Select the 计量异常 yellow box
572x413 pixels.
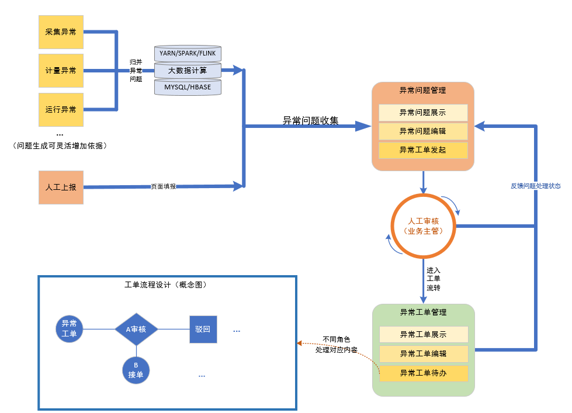coord(61,71)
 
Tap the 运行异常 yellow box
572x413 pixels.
coord(61,109)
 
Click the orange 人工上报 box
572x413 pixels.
coord(61,188)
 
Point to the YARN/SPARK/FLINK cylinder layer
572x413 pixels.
coord(188,53)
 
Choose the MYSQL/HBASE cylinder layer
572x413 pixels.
coord(188,87)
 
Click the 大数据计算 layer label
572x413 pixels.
coord(188,71)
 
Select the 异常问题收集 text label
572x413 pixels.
coord(310,121)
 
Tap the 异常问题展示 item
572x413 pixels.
coord(423,112)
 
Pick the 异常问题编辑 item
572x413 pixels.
coord(423,131)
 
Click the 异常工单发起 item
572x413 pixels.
coord(423,150)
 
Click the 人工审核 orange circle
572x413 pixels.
coord(423,226)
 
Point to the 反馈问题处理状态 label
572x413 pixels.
coord(535,186)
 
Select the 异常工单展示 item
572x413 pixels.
coord(424,335)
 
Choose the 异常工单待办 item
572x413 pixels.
coord(424,373)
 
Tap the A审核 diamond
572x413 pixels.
coord(136,329)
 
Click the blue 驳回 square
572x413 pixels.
coord(203,329)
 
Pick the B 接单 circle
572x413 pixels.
coord(136,370)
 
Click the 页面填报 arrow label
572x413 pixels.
coord(163,187)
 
